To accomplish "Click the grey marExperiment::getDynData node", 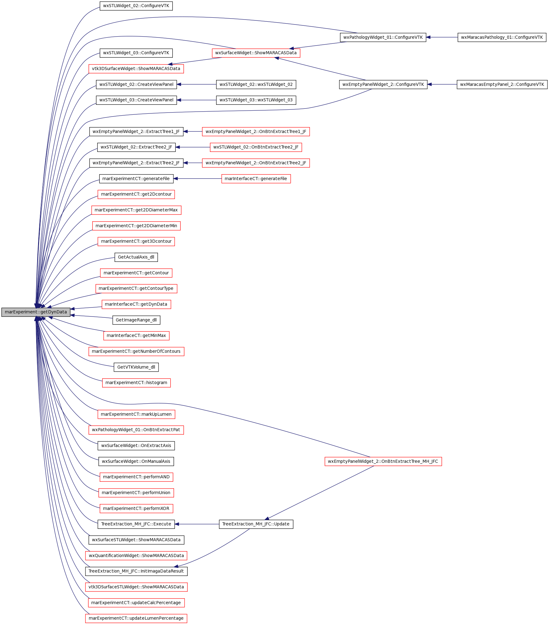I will coord(36,312).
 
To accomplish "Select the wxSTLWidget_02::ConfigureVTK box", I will coord(136,6).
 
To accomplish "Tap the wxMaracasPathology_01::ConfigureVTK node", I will coord(502,38).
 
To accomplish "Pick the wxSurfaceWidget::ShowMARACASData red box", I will coord(256,53).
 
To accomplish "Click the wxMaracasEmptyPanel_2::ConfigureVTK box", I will coord(502,85).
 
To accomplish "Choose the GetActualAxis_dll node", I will coord(136,257).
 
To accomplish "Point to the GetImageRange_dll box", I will coord(136,320).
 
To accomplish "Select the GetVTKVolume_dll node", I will coord(136,367).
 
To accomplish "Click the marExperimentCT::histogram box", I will coord(136,383).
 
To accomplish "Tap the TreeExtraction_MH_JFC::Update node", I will coord(256,524).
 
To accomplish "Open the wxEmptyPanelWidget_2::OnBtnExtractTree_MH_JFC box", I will coord(383,462).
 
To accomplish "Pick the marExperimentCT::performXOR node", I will coord(136,509).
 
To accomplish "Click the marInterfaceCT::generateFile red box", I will coord(256,179).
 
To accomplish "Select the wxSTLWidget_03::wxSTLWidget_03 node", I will coord(256,100).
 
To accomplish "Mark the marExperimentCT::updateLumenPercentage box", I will coord(136,618).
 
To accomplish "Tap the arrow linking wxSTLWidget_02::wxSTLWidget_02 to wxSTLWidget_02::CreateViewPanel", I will coord(196,85).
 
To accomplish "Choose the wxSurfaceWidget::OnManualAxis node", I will coord(136,462).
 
